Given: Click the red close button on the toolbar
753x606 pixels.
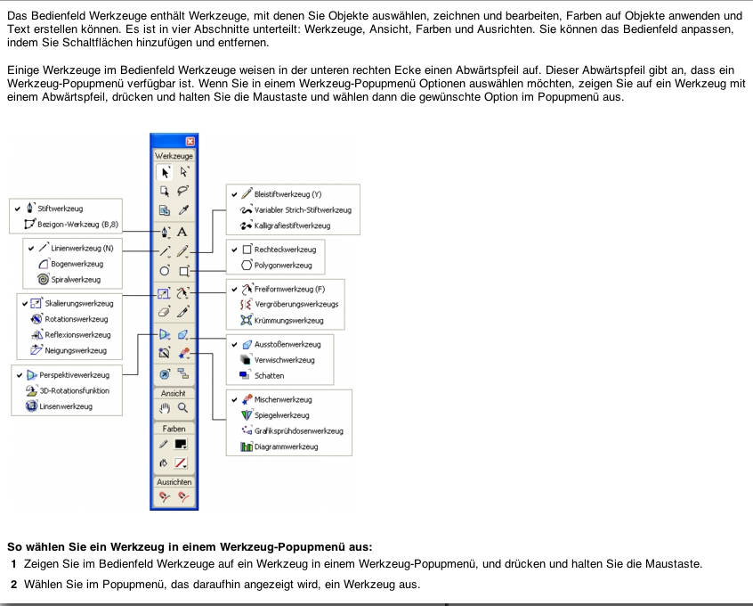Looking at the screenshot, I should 190,141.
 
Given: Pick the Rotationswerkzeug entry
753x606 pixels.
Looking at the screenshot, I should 76,319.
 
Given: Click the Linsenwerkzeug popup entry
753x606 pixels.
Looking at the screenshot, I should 65,406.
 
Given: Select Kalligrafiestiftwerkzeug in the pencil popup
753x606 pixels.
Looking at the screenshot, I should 292,225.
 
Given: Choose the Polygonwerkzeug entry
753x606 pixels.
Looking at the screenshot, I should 282,266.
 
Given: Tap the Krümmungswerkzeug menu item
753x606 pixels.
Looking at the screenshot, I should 288,320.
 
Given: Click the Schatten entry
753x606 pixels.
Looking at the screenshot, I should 269,375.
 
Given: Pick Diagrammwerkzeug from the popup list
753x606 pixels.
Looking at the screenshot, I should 285,446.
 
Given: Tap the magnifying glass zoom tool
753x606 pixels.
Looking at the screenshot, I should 182,407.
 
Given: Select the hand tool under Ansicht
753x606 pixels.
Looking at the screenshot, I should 164,407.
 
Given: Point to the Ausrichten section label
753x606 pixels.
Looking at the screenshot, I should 174,481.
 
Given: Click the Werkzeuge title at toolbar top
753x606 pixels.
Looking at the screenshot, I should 174,155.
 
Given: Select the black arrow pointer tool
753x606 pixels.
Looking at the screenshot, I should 164,171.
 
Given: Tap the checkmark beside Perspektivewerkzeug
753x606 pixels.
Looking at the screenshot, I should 20,375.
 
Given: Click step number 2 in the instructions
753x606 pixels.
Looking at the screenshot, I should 13,584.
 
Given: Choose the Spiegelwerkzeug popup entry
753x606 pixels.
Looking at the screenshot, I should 281,415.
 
